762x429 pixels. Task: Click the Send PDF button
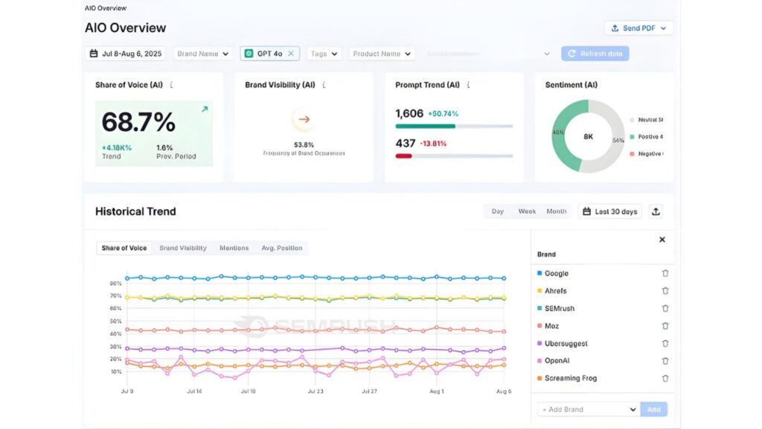point(639,28)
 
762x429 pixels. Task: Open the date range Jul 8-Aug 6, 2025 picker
point(126,54)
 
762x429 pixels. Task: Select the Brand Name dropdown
point(202,54)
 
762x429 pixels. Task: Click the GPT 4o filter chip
point(269,54)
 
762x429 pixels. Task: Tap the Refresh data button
point(595,54)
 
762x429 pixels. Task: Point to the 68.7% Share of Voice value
point(138,122)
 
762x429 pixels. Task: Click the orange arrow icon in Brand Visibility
point(303,119)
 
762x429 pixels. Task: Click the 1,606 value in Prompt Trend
point(409,114)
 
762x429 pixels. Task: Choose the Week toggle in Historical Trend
point(527,212)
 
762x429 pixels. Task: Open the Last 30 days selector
point(609,212)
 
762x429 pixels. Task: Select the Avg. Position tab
point(281,248)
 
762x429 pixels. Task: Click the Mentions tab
point(234,248)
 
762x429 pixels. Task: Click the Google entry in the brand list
point(556,273)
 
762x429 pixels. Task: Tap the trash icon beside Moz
point(665,326)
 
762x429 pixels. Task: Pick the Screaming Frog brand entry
point(570,378)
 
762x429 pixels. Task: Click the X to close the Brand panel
point(662,240)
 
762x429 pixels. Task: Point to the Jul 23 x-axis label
point(315,391)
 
